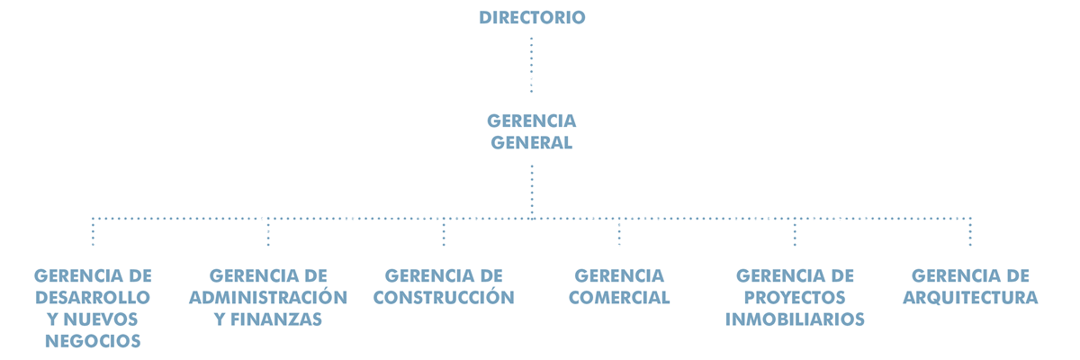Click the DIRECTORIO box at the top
pos(532,17)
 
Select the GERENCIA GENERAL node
pos(531,131)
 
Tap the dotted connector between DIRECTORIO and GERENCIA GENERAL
pos(531,65)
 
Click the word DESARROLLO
pos(93,297)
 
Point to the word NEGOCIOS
pos(93,341)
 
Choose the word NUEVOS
pos(100,319)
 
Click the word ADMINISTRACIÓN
pos(268,296)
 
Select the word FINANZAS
pos(275,319)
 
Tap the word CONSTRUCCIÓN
pos(444,296)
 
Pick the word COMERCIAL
pos(619,297)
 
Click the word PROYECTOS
pos(795,297)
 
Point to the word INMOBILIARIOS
pos(795,319)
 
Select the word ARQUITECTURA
pos(970,297)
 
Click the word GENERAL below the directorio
pos(531,143)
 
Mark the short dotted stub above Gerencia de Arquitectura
pos(970,232)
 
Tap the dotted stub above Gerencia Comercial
pos(619,232)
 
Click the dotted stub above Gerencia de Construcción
pos(444,232)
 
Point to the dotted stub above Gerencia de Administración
pos(268,232)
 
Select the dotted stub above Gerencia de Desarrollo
pos(93,232)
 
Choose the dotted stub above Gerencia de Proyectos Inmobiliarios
pos(795,232)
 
